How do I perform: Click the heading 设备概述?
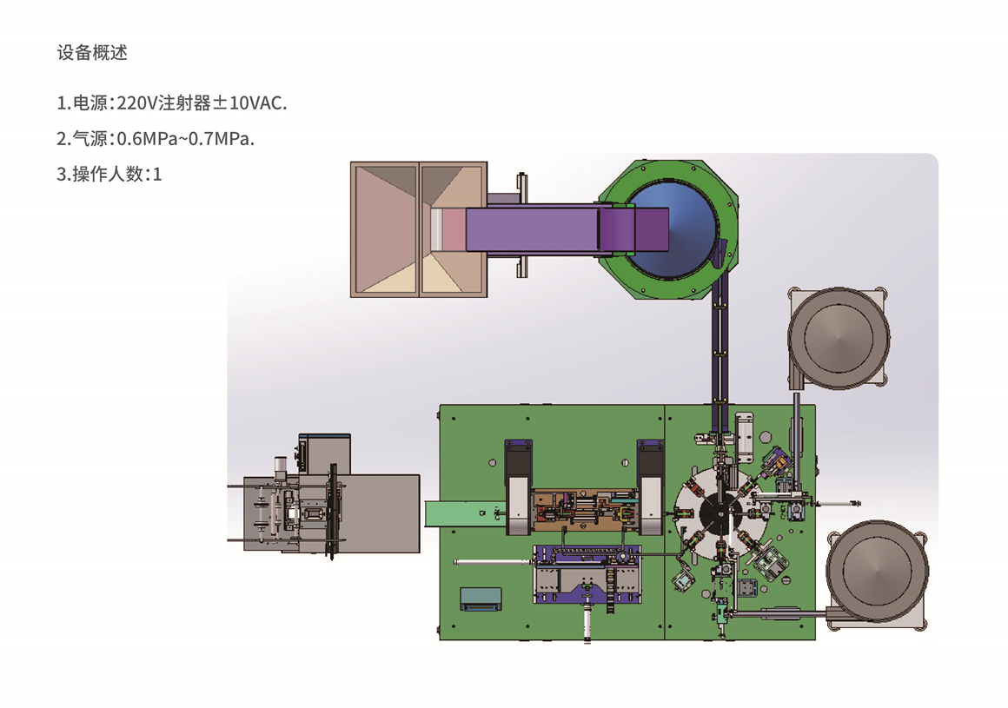point(92,52)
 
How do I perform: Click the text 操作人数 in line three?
point(108,174)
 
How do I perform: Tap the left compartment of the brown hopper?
point(384,229)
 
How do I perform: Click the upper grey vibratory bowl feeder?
point(839,338)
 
